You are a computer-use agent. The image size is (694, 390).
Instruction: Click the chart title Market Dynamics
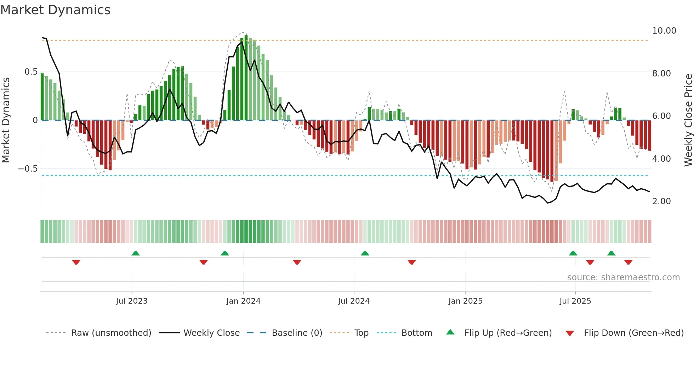click(55, 10)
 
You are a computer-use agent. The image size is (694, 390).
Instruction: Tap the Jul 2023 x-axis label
click(131, 301)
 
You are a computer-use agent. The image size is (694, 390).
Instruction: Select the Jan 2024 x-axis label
click(243, 301)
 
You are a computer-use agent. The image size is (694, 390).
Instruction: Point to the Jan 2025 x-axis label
click(465, 301)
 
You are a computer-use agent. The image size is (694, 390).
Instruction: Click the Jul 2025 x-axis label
click(575, 301)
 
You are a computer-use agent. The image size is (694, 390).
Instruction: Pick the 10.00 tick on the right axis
click(664, 31)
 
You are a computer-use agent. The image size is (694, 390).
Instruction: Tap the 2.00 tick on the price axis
click(661, 201)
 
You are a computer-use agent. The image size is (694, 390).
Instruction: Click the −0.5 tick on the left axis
click(28, 169)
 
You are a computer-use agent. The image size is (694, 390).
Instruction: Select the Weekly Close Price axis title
click(688, 120)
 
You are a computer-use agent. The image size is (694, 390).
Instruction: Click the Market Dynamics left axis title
click(6, 120)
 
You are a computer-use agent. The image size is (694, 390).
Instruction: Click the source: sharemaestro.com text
click(623, 277)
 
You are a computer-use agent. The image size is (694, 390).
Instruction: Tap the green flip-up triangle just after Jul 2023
click(136, 253)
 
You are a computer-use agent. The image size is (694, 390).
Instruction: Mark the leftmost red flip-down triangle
click(76, 262)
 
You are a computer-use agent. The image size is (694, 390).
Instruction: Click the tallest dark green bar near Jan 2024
click(246, 78)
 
